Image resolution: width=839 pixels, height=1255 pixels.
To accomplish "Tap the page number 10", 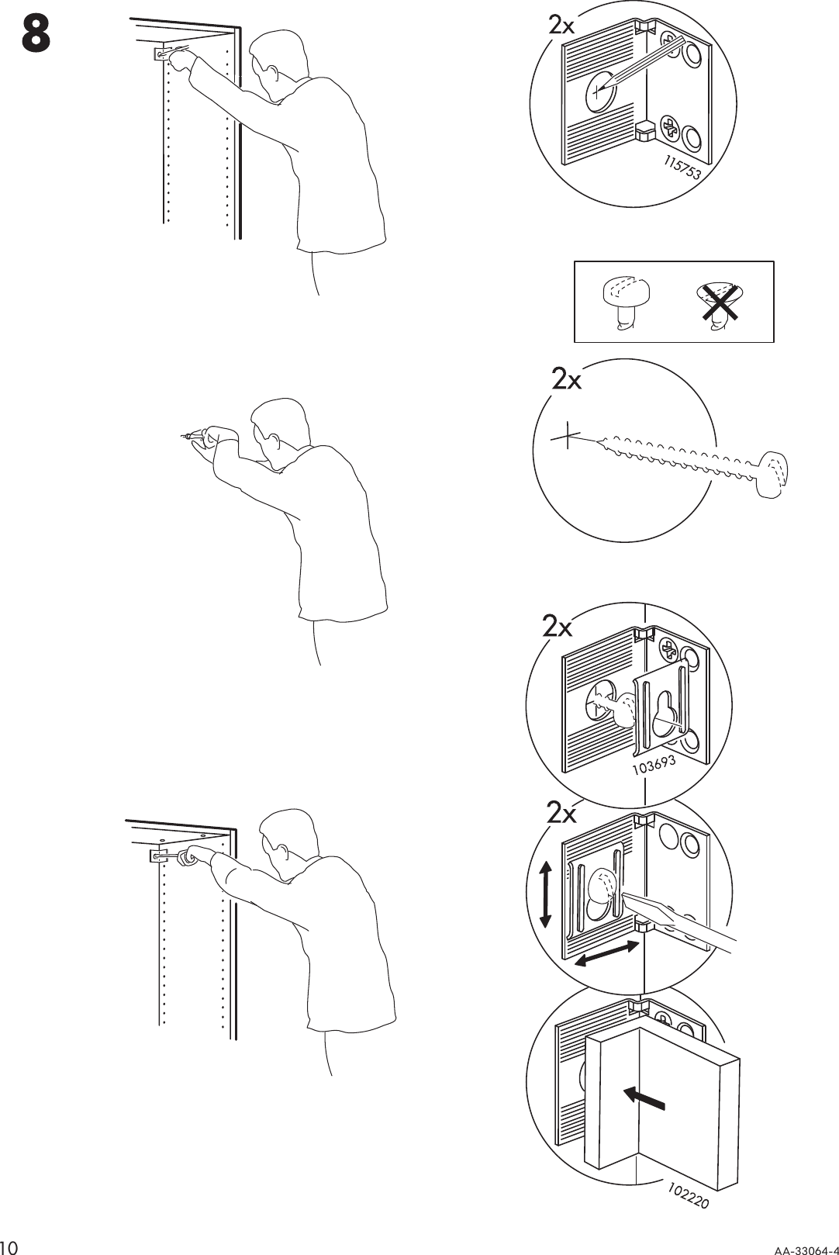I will (12, 1245).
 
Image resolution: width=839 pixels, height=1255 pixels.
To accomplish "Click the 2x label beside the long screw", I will (566, 380).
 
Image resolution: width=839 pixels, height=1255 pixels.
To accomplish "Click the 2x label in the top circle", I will (561, 26).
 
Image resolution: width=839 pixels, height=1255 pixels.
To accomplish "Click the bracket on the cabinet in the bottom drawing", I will (160, 857).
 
